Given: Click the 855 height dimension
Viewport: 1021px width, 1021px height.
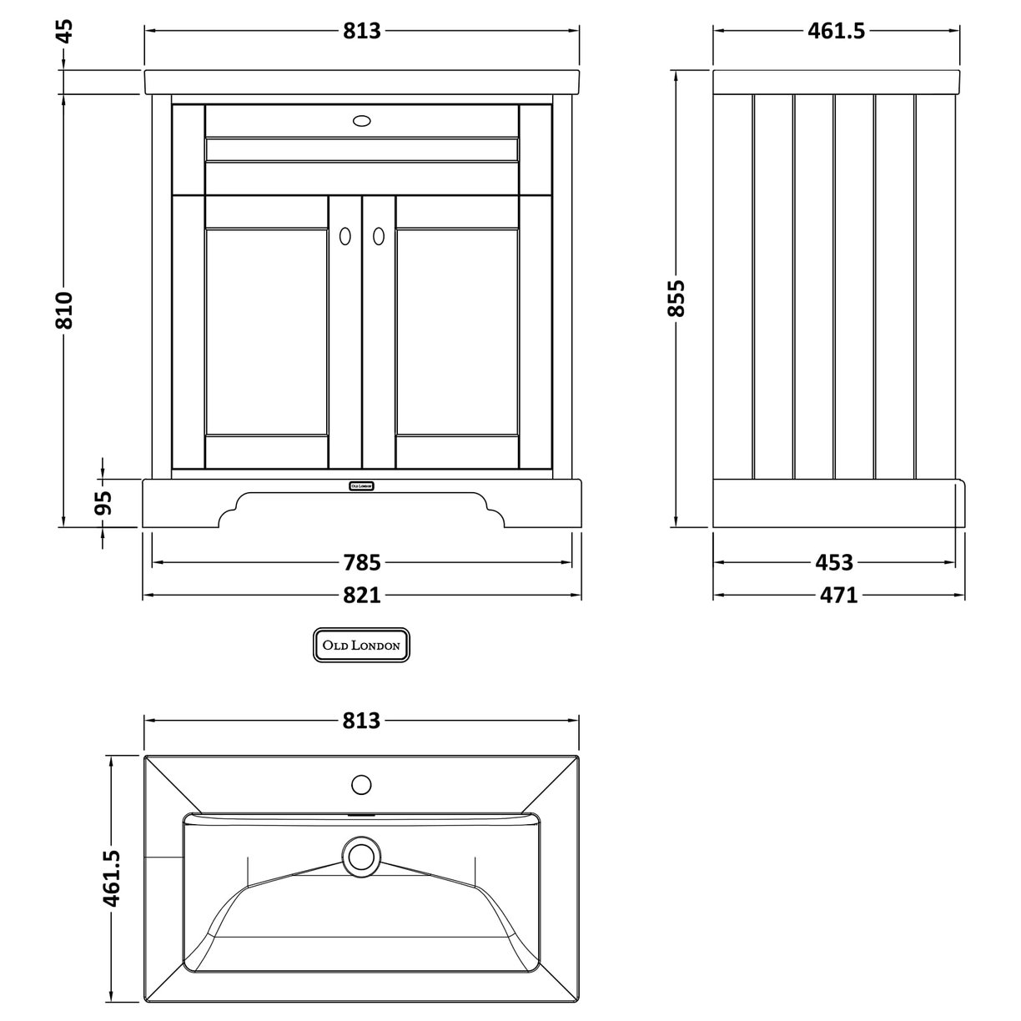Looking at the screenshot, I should click(x=677, y=298).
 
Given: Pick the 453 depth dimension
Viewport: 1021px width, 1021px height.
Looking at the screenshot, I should click(x=835, y=562).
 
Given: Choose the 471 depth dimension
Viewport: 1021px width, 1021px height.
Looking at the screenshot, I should click(x=838, y=595).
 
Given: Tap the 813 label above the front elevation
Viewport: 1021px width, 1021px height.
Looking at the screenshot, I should click(x=361, y=31).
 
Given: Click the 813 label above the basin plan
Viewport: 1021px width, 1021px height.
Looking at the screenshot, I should click(x=361, y=720).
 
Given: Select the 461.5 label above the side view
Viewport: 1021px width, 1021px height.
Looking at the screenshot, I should click(x=837, y=31).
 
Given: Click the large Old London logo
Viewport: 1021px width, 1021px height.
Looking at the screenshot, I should click(x=361, y=645).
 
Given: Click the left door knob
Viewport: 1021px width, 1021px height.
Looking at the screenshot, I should click(x=344, y=237).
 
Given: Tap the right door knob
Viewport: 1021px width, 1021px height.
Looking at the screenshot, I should click(x=379, y=237).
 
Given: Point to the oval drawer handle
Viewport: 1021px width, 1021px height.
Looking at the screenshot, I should click(x=361, y=121).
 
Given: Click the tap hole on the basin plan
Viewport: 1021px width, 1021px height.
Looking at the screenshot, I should click(x=361, y=784).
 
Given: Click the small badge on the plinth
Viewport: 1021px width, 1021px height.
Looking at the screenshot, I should click(x=360, y=485).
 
